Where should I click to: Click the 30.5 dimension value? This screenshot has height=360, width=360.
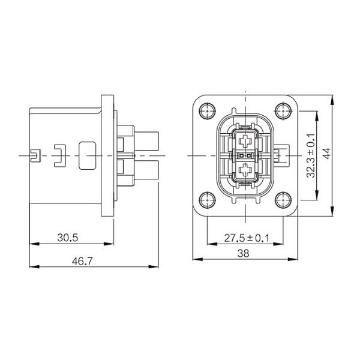[68, 238]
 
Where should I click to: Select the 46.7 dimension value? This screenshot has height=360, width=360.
[82, 261]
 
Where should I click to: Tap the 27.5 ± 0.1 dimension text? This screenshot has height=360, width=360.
[247, 238]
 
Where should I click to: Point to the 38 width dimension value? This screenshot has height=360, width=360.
[244, 253]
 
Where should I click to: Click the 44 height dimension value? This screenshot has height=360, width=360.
[327, 153]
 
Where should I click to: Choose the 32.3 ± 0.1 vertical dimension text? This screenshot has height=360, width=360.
[311, 155]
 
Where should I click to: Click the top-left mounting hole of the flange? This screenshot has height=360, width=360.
[208, 111]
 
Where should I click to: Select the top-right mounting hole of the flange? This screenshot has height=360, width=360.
[283, 111]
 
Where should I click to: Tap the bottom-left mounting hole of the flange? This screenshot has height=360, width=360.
[208, 200]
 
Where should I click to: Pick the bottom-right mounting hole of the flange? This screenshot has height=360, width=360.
[283, 200]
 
